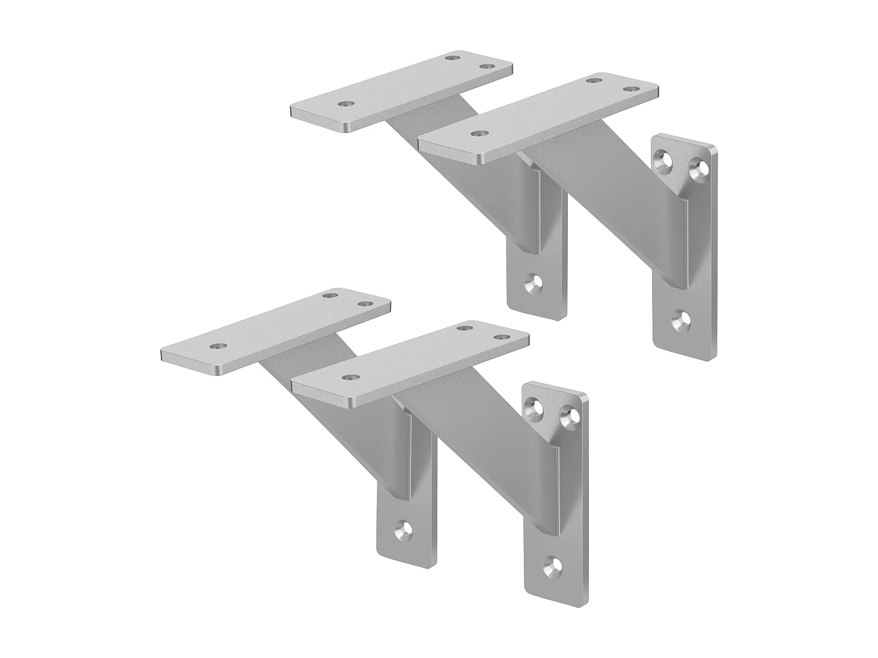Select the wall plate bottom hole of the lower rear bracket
tap(403, 530)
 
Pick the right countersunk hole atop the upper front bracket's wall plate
tap(696, 170)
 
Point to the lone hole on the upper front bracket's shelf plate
tap(479, 134)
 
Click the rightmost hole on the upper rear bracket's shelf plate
tap(485, 67)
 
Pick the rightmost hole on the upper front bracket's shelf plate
tap(630, 89)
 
